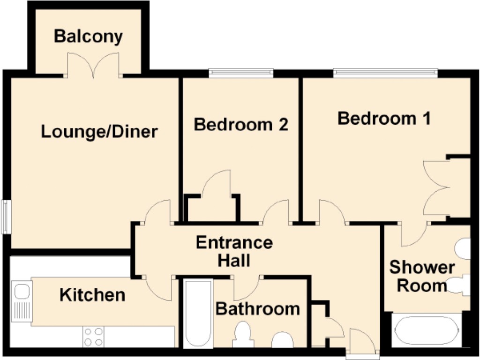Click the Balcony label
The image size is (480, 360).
(88, 37)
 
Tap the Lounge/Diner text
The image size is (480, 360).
(99, 132)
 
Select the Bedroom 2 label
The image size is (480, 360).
(241, 125)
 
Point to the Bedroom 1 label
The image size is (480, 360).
(384, 119)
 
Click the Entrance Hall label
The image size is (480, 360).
(234, 252)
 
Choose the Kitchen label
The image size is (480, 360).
(92, 295)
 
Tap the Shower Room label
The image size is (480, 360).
(422, 276)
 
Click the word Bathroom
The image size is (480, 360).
(258, 309)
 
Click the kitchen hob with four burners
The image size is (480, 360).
(93, 337)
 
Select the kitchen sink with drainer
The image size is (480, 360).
(22, 301)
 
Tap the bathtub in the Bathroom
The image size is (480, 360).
(198, 314)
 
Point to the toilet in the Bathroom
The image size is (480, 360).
(243, 335)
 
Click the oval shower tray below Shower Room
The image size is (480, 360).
(427, 330)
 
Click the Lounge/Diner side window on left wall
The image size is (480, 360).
(6, 217)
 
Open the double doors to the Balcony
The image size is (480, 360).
(93, 65)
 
